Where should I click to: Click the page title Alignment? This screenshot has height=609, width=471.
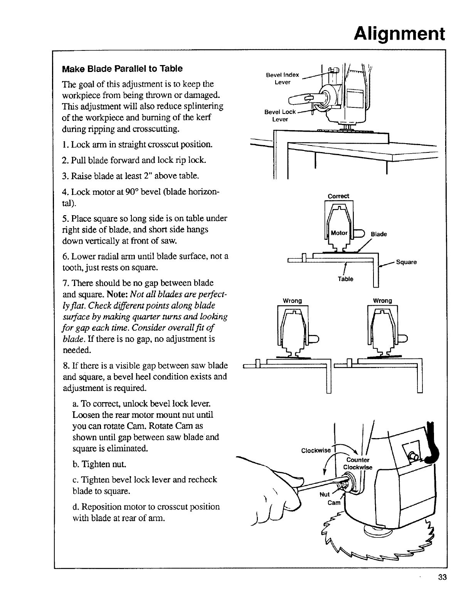(x=400, y=33)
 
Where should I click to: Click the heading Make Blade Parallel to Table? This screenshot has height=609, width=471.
(x=122, y=69)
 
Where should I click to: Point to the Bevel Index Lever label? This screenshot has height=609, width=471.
(x=283, y=79)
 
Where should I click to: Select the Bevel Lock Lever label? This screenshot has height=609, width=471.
(x=280, y=115)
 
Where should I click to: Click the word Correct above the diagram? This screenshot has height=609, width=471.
(x=338, y=196)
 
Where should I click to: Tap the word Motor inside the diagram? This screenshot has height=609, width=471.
(x=339, y=233)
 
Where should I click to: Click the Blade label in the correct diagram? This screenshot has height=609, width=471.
(x=378, y=234)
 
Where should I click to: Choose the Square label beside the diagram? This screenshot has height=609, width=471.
(x=406, y=262)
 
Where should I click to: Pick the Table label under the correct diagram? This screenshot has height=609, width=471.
(x=345, y=279)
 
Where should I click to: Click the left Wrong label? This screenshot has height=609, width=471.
(x=292, y=300)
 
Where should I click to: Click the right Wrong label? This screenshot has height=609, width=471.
(x=382, y=300)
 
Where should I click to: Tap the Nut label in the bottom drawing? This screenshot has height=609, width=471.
(x=325, y=495)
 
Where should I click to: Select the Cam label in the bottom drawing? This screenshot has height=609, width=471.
(x=334, y=503)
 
